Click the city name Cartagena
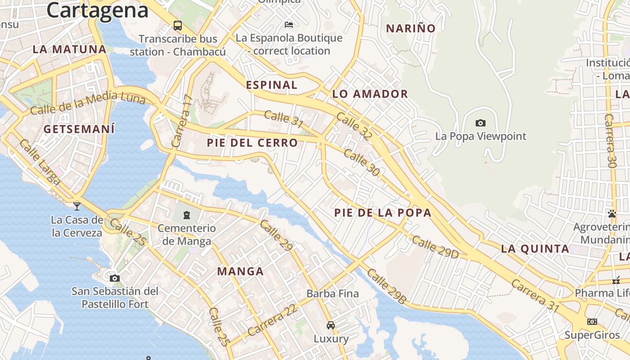(97, 10)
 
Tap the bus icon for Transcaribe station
(178, 25)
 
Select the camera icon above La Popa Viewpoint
(480, 123)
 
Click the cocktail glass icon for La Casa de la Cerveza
(77, 206)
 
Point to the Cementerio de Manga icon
(187, 215)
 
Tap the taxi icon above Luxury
(331, 325)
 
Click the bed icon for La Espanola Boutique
(288, 24)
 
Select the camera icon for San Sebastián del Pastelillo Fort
(115, 278)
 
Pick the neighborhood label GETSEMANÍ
(79, 129)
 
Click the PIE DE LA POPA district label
(383, 213)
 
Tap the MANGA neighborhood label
(240, 271)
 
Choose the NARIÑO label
(411, 28)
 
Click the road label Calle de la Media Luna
(88, 102)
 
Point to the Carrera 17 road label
(182, 121)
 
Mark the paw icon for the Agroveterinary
(612, 213)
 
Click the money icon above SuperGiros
(592, 321)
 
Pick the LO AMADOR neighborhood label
(370, 94)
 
